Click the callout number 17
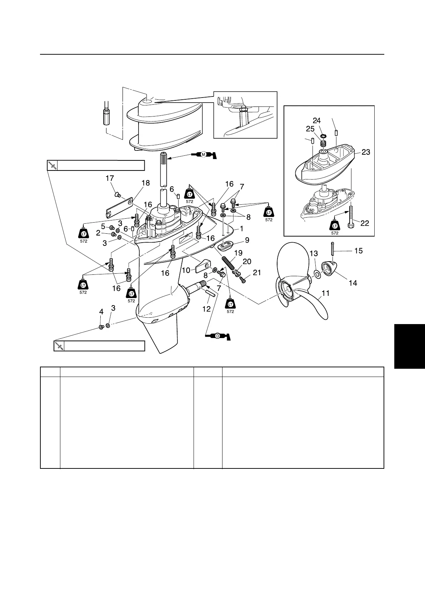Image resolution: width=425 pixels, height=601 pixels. point(110,178)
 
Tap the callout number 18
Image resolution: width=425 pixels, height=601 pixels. point(145,183)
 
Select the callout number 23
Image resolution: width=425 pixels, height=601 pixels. point(365,152)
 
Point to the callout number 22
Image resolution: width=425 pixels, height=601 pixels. point(365,223)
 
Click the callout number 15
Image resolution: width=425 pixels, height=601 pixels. point(358,251)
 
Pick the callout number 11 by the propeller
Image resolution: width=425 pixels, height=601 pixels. point(325,294)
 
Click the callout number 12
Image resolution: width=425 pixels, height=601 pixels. point(206,309)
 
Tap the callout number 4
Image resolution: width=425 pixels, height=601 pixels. point(101,312)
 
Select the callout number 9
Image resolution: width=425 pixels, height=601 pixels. point(247,240)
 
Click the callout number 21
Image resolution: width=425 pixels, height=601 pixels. point(256,273)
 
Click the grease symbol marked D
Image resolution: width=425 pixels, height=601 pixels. point(217,336)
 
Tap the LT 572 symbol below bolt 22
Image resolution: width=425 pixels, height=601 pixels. point(335,226)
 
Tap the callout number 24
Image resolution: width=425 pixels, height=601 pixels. point(317,121)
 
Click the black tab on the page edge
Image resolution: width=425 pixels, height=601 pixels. point(409,346)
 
